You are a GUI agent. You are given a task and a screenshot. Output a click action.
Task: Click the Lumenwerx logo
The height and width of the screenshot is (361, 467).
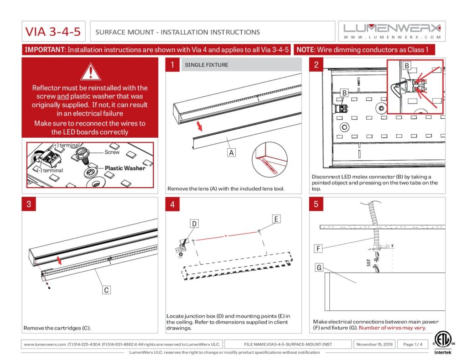pos(392,31)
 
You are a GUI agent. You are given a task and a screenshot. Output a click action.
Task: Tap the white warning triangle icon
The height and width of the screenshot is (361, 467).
pos(90,72)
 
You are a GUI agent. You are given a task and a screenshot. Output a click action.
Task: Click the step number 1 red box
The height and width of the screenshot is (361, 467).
pos(172,65)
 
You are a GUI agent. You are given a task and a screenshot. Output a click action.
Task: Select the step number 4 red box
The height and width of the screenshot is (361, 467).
pos(172,204)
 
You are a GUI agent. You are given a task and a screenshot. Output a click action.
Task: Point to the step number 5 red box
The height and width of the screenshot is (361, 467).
pos(316,204)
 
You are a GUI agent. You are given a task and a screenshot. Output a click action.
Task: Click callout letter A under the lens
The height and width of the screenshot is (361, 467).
pos(232,153)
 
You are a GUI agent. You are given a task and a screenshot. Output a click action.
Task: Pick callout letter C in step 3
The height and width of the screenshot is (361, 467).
pos(106,289)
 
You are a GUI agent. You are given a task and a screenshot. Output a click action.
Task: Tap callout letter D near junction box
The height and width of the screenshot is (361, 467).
pos(194,224)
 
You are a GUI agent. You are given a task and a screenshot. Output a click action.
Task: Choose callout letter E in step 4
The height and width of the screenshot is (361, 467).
pos(276,219)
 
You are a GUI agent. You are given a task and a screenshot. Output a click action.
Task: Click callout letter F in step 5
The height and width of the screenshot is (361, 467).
pos(318,249)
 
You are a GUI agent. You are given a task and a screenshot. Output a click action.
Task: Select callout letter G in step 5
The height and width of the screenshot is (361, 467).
pos(318,267)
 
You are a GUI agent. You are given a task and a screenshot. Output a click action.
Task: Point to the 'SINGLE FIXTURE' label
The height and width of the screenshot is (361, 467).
pos(207,65)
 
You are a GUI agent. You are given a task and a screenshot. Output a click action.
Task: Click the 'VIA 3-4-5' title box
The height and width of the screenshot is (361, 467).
pos(54,32)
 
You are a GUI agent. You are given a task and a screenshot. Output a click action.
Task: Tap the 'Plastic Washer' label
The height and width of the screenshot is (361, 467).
pos(125,168)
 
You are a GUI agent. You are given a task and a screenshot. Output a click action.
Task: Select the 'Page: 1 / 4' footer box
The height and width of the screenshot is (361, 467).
pos(412,344)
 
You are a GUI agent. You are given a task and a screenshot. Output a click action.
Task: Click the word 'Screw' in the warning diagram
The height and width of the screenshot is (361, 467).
pos(112,152)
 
